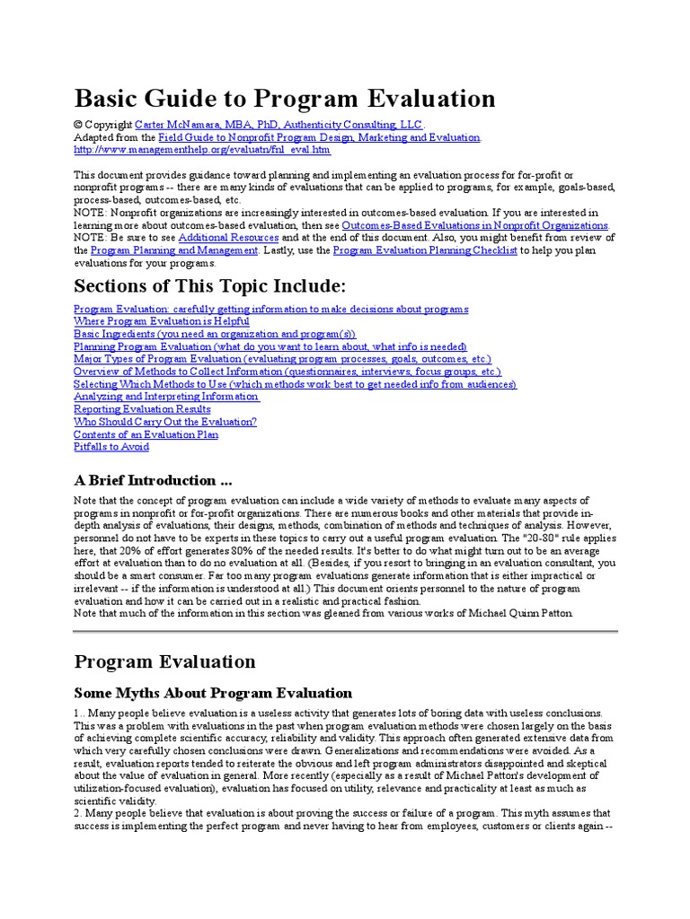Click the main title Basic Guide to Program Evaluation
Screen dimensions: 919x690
284,98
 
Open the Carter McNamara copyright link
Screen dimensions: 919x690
279,125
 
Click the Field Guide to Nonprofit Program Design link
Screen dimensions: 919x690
319,137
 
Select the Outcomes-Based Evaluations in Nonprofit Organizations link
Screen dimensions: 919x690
475,224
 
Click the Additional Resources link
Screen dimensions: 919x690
228,238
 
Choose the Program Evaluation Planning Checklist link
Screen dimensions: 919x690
425,251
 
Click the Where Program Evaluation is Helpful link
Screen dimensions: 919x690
162,321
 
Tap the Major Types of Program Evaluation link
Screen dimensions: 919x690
282,359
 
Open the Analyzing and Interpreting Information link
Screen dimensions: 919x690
167,397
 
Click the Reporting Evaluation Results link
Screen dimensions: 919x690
142,409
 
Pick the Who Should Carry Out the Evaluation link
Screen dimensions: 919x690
165,422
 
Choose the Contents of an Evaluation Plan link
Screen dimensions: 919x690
146,434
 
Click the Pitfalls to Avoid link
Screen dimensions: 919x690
111,447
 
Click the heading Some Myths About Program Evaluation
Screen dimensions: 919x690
213,693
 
